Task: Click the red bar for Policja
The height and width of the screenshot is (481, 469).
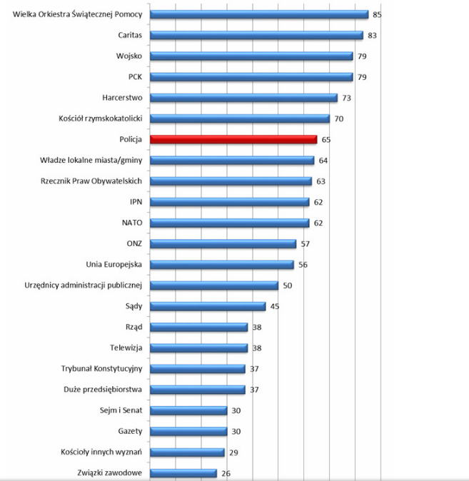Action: coord(233,140)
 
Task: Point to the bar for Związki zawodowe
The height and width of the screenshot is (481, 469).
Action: coord(183,472)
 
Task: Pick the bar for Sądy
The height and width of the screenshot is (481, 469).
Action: coord(208,306)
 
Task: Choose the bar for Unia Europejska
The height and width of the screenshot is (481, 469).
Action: coord(222,265)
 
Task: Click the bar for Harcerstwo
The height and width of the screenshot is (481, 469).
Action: coord(244,98)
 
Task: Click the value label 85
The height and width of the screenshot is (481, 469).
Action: coord(377,14)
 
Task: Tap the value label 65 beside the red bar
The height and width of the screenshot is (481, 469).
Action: coord(326,140)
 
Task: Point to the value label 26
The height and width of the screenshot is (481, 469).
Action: coord(226,472)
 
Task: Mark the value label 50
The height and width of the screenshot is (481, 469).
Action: coord(288,285)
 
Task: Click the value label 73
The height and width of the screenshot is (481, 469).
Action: coord(346,98)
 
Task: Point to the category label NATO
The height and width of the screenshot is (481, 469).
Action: coord(133,223)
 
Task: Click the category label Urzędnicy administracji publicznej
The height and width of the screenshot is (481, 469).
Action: coord(84,285)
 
